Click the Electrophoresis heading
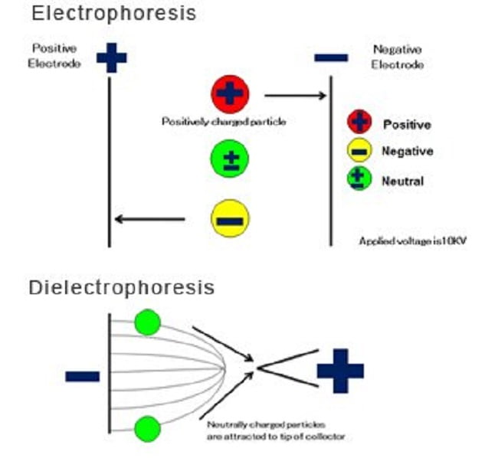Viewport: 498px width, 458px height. coord(113,13)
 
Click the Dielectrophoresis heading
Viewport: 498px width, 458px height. coord(121,288)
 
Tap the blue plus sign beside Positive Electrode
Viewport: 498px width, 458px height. coord(111,57)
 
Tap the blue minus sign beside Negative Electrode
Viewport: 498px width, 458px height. coord(331,57)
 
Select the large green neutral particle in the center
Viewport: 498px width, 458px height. coord(229,159)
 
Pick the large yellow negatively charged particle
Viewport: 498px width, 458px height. coord(229,220)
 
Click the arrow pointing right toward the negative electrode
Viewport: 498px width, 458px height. coord(295,96)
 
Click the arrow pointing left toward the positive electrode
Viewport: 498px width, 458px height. coord(150,220)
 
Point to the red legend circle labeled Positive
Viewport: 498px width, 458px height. coord(359,123)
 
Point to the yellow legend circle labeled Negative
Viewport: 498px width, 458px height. coord(359,151)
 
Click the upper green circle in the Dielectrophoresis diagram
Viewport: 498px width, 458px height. coord(146,322)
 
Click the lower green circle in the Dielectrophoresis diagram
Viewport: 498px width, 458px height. coord(146,426)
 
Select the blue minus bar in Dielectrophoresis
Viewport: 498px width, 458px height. coord(82,376)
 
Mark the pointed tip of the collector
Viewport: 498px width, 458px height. coord(259,368)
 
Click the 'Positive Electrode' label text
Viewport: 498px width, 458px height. coord(56,56)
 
